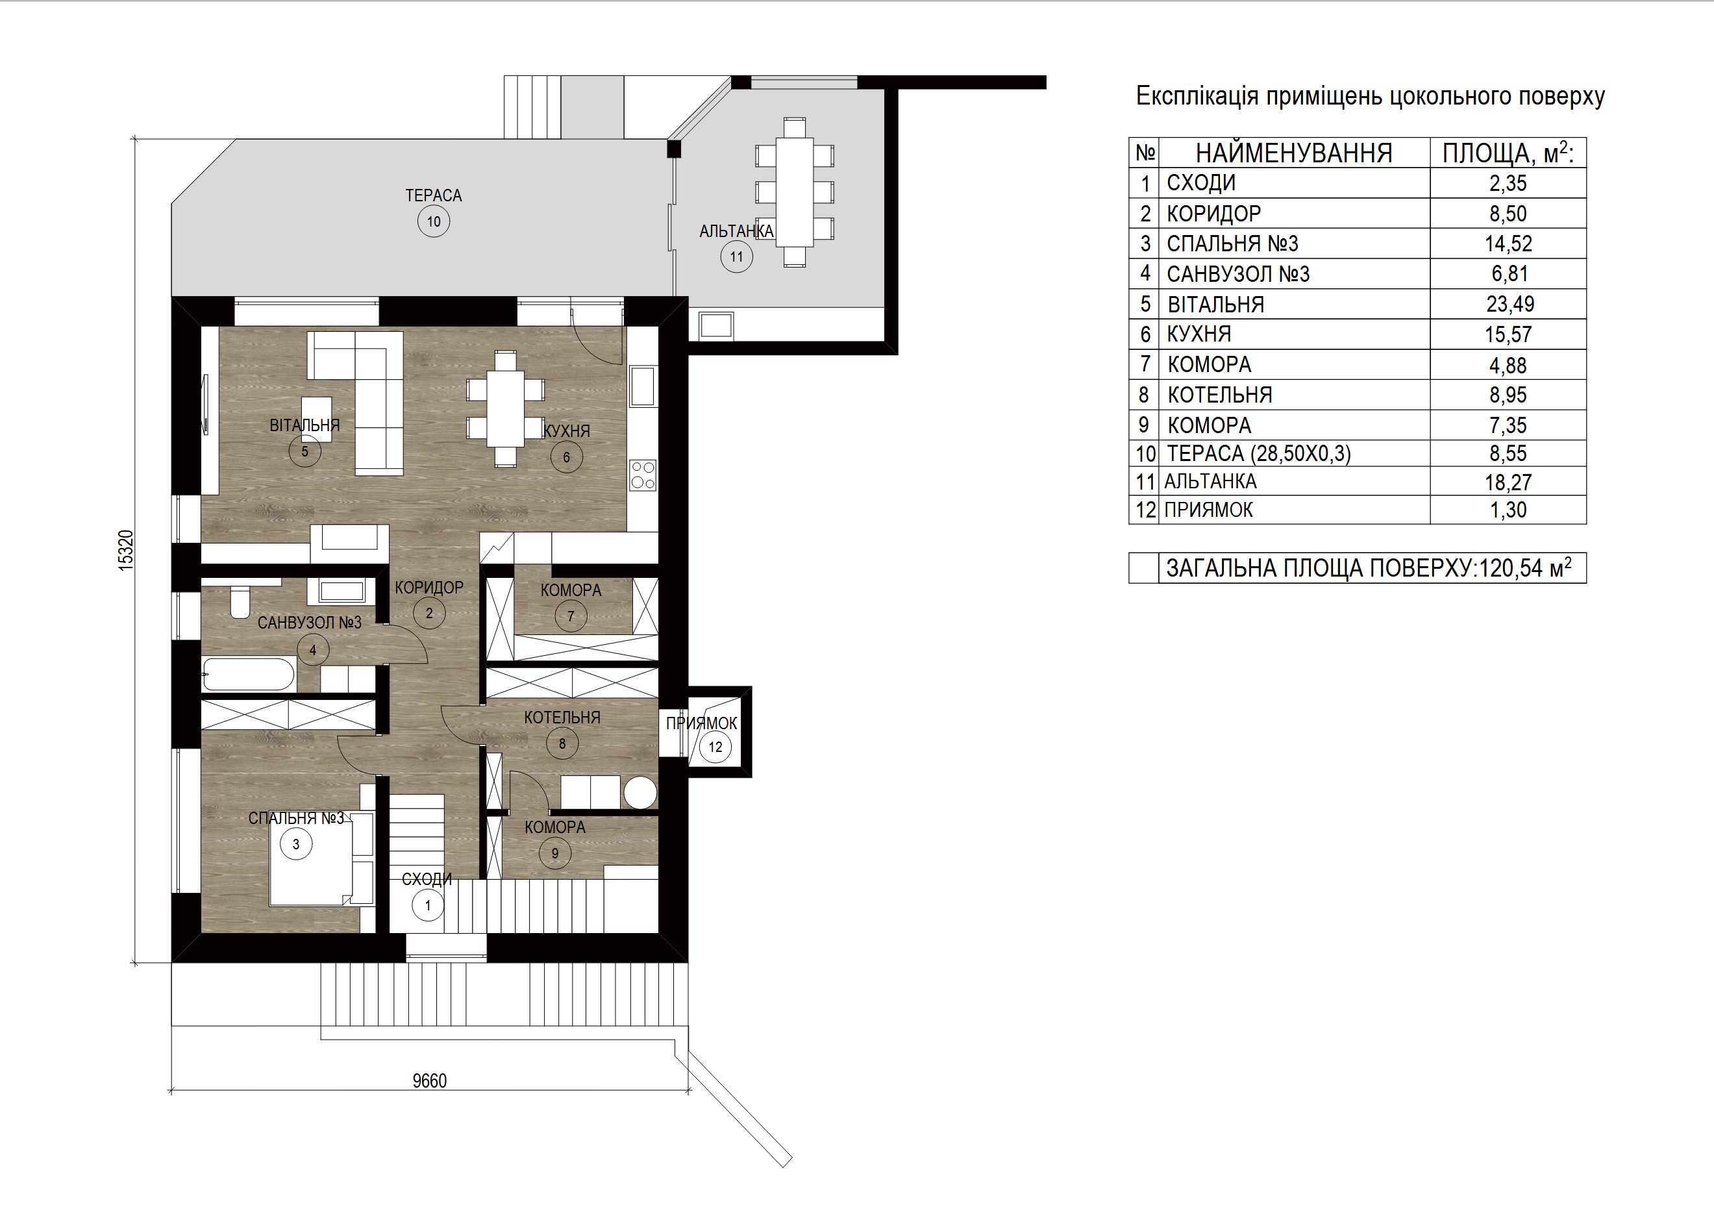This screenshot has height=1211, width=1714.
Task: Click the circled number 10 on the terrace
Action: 434,221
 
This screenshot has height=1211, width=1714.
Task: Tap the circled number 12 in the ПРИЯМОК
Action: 715,747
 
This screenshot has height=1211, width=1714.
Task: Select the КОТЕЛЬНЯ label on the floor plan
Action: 562,718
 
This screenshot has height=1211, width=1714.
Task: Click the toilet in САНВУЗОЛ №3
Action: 240,603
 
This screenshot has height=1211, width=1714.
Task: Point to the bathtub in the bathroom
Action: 249,675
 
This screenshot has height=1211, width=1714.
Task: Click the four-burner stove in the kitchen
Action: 643,475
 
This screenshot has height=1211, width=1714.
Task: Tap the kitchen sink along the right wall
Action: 643,386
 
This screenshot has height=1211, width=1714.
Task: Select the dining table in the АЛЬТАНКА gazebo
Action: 794,192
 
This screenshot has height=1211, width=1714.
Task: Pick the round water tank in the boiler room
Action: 641,792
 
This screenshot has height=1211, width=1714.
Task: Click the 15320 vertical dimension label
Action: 126,551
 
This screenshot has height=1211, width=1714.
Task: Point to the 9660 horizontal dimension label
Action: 429,1081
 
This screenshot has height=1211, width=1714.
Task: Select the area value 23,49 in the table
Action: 1509,305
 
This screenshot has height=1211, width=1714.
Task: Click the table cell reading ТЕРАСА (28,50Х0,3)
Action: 1259,454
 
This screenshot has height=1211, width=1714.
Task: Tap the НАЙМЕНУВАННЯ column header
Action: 1294,153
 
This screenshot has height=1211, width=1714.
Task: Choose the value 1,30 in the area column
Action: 1508,510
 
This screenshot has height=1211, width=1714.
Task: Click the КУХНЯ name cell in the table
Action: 1199,334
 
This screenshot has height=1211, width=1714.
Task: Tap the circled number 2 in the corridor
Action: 429,613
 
